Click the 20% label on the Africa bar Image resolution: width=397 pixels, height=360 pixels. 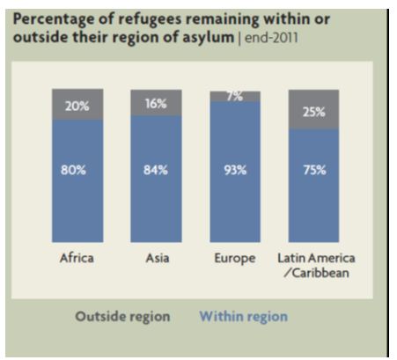(76, 106)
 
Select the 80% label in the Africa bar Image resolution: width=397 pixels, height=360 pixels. (76, 171)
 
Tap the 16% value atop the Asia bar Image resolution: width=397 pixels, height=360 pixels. (155, 103)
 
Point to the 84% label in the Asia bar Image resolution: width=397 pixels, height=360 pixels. (155, 171)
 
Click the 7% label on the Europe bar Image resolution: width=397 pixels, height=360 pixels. (234, 95)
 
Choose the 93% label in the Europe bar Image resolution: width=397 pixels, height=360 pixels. (234, 171)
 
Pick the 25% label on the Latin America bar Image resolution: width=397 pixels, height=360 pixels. (314, 112)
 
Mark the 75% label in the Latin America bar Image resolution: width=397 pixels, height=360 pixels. (314, 171)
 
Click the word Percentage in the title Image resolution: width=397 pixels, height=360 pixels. (54, 18)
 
